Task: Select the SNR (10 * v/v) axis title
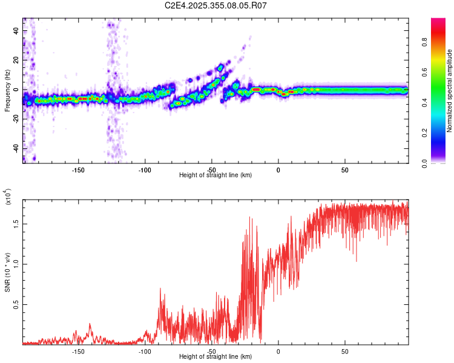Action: pos(7,272)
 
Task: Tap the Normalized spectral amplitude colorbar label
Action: pos(450,91)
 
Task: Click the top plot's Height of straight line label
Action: pos(215,175)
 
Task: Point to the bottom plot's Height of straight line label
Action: pos(215,356)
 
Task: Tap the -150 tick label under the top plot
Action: pos(78,169)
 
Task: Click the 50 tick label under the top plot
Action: pos(344,169)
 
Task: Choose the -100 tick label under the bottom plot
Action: pos(145,351)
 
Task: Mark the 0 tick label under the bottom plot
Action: pos(278,351)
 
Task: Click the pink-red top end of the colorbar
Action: pos(438,22)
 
